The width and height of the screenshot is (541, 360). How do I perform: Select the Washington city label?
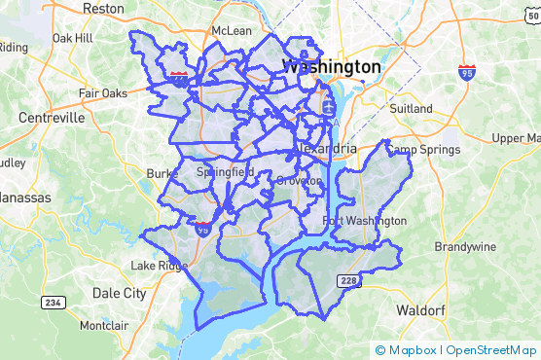(331, 66)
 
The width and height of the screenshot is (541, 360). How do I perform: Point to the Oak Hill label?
(71, 38)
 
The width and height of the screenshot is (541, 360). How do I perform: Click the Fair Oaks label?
(103, 94)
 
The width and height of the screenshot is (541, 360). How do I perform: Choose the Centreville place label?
(51, 118)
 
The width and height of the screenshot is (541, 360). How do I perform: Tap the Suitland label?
(410, 109)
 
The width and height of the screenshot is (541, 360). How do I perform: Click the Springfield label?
(225, 172)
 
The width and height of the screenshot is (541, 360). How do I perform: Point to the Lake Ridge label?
(159, 266)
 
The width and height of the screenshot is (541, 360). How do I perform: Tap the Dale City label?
(118, 292)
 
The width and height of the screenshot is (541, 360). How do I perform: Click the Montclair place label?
(104, 325)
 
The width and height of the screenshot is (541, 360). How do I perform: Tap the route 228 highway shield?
(349, 280)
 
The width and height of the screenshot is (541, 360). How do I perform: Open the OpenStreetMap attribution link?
(491, 350)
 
